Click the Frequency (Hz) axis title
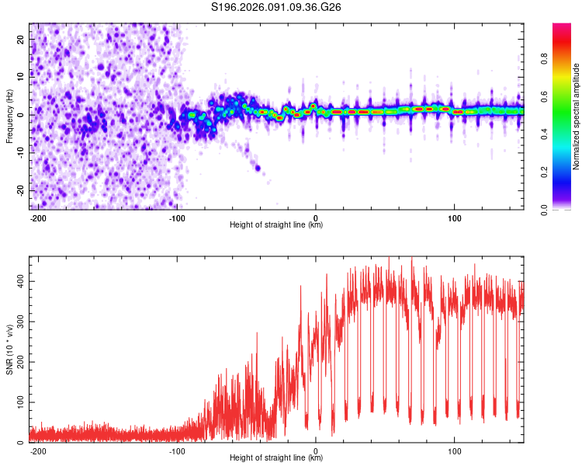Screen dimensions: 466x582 pyautogui.click(x=9, y=116)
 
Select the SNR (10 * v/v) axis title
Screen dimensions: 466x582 pyautogui.click(x=9, y=349)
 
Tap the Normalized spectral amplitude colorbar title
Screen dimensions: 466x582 pyautogui.click(x=577, y=116)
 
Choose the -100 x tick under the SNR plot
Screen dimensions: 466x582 pyautogui.click(x=177, y=450)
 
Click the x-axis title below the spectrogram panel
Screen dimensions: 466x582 pyautogui.click(x=276, y=225)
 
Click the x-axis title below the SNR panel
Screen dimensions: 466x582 pyautogui.click(x=276, y=458)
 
